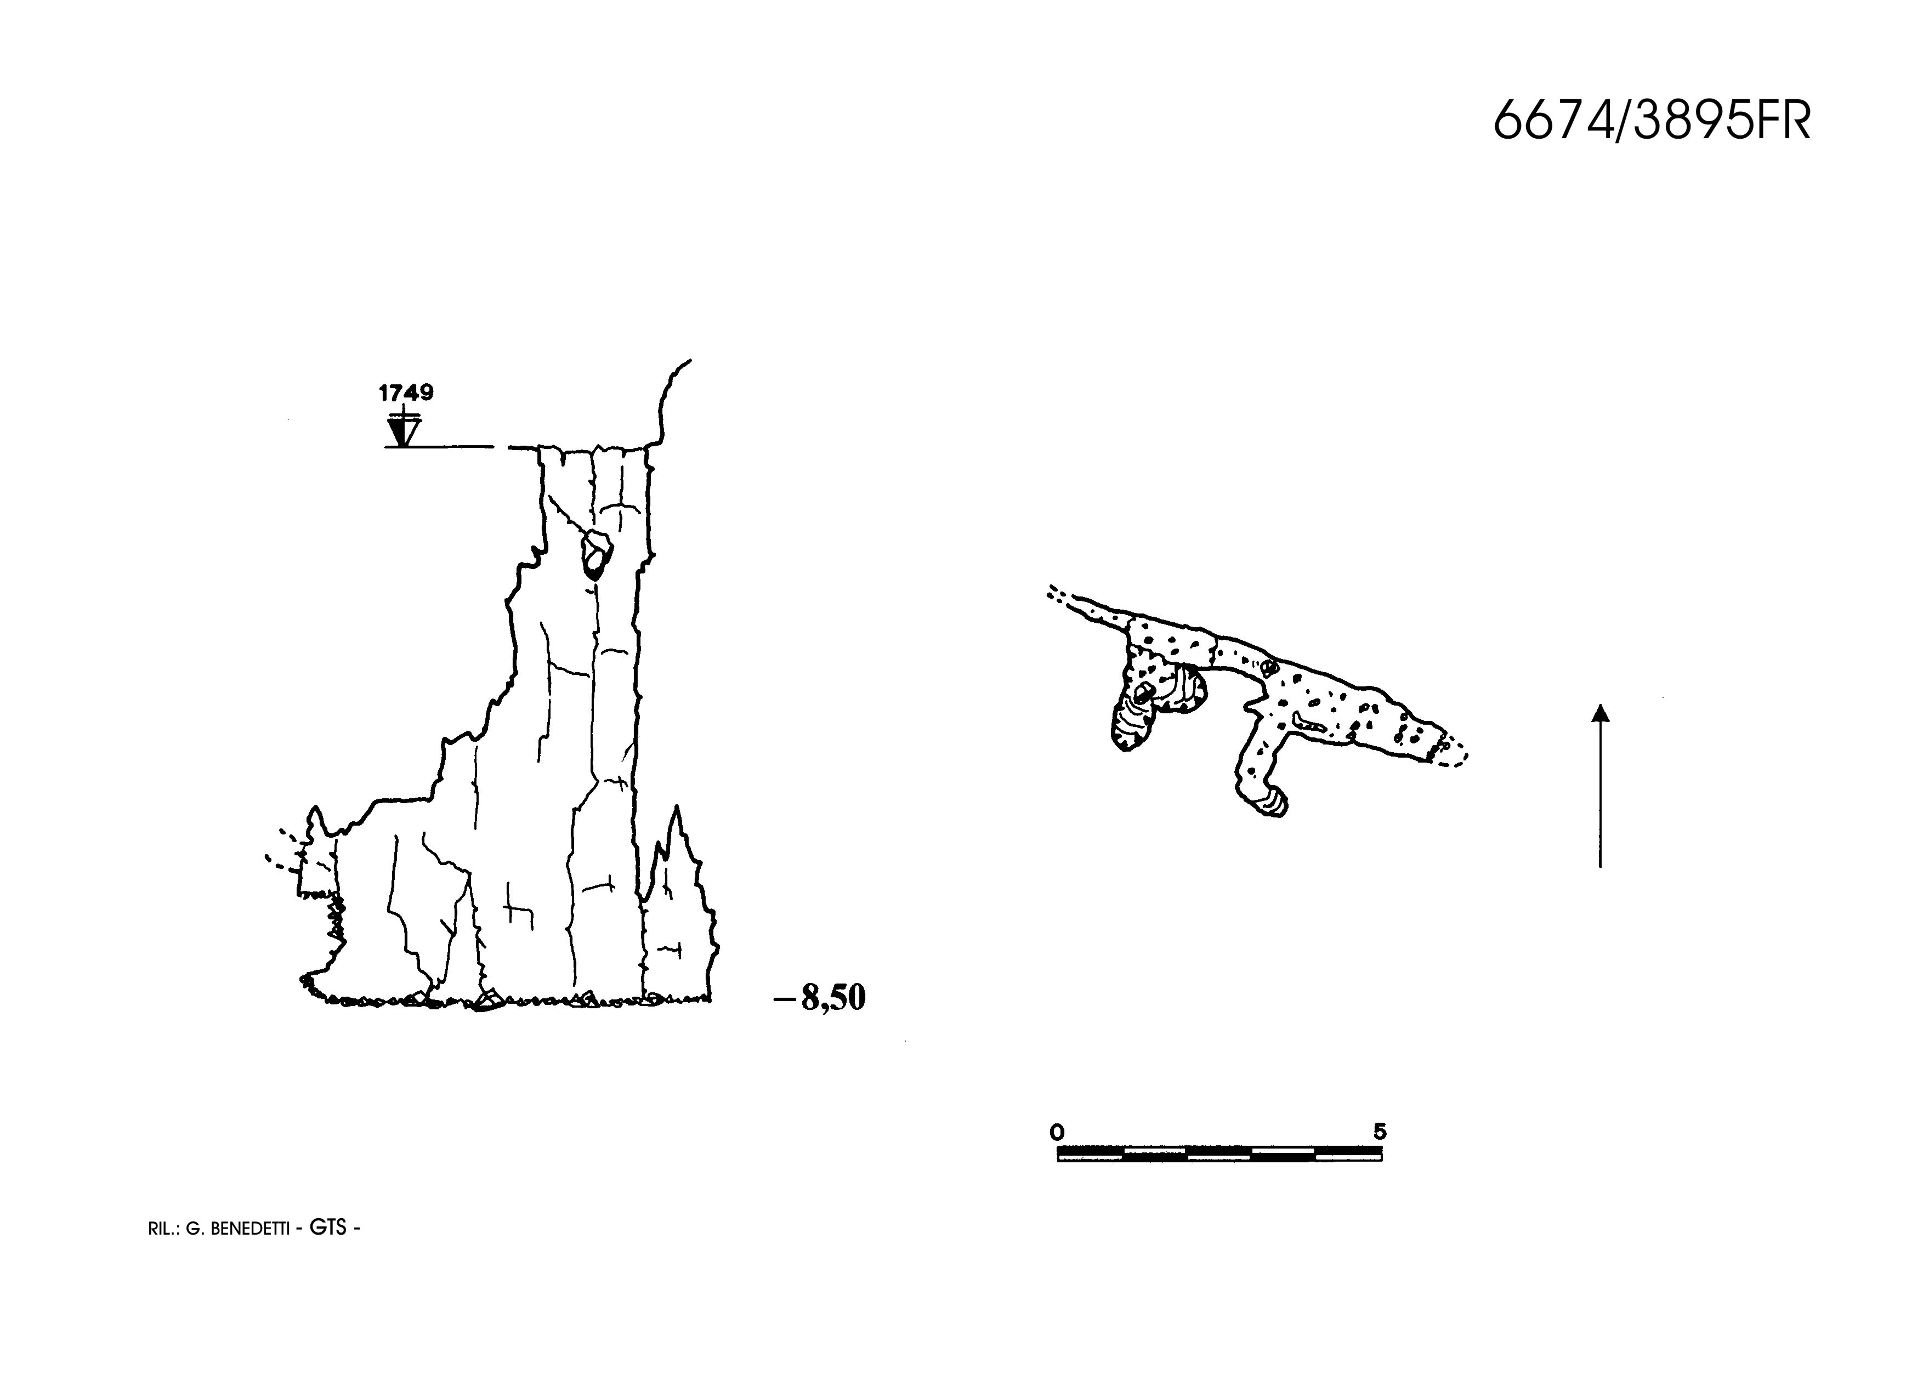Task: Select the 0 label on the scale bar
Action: tap(1057, 1132)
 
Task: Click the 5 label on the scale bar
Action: tap(1380, 1131)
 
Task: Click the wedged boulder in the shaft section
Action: tap(596, 554)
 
